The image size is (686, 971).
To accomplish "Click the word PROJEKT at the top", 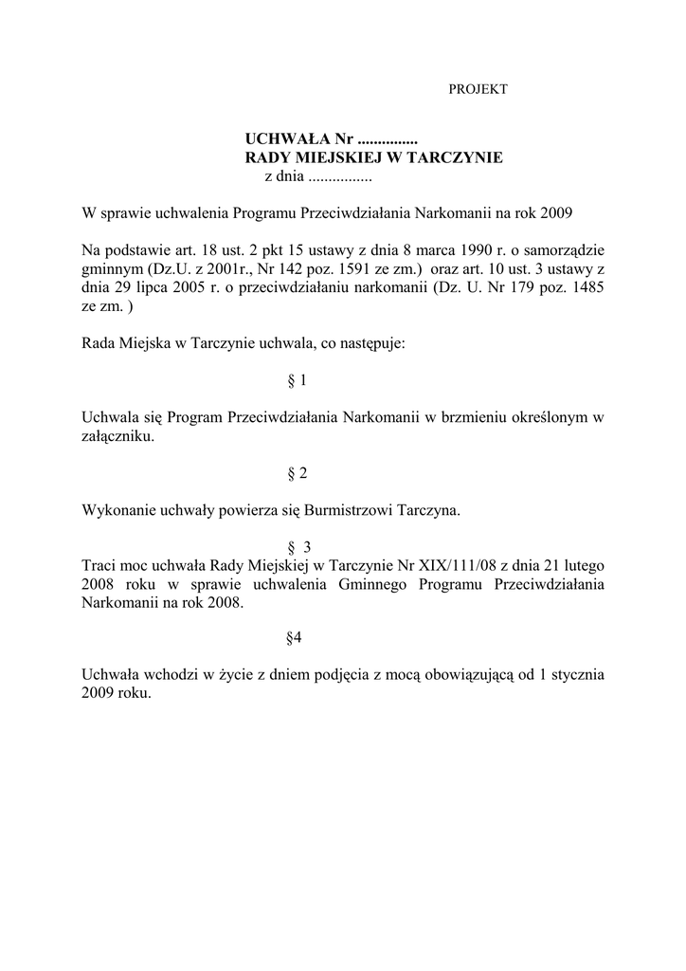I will [478, 89].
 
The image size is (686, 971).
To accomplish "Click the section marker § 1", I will [297, 380].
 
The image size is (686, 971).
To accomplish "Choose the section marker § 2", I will [297, 473].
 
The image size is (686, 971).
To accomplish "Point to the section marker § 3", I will [298, 547].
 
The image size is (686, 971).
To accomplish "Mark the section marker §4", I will [294, 638].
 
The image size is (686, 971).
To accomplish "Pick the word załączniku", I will [117, 437].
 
